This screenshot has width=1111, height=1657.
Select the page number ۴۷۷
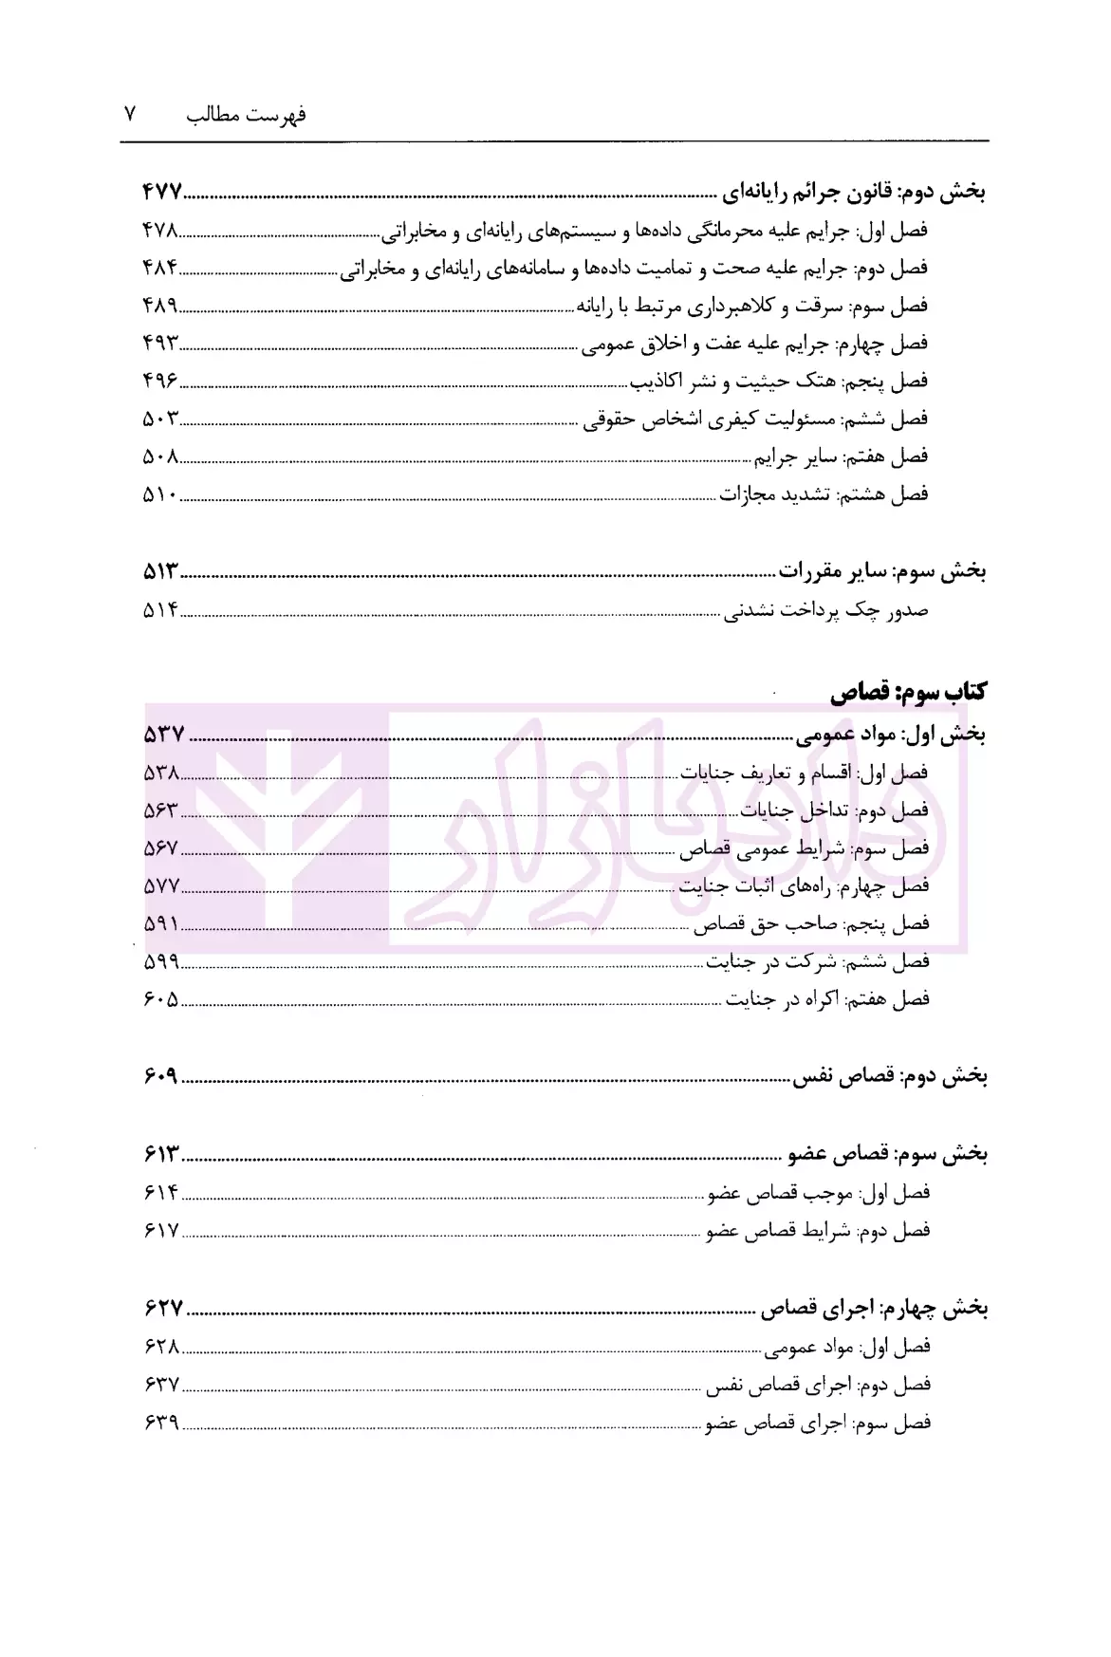pos(161,193)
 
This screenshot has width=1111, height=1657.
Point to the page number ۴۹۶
pos(160,381)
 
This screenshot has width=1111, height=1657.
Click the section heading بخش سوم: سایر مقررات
pos(881,572)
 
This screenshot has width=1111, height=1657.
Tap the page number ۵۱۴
pos(160,611)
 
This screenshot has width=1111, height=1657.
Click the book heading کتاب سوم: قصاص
pos(908,693)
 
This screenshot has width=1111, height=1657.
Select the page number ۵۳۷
pos(163,734)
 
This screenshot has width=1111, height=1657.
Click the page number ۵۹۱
pos(161,923)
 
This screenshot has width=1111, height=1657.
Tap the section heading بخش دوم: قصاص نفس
pos(890,1077)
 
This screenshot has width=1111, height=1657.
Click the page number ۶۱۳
pos(162,1154)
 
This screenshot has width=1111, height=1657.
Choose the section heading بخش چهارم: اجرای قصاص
pos(874,1309)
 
